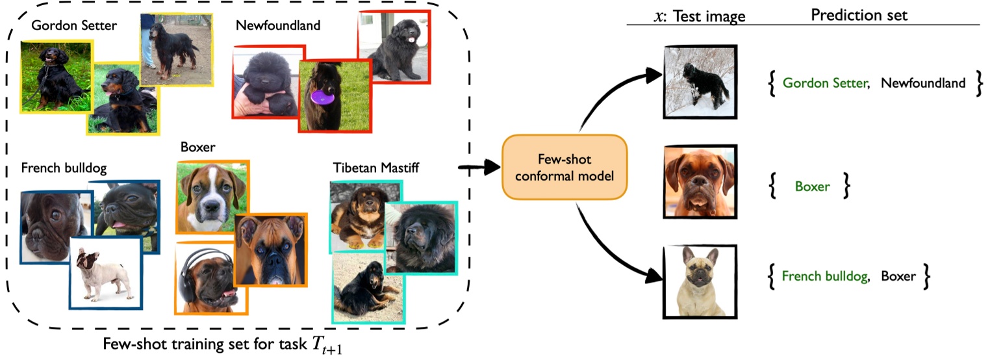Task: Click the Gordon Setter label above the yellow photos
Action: [75, 26]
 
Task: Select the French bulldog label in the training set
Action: [64, 169]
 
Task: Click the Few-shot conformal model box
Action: [564, 167]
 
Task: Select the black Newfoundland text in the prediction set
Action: [922, 83]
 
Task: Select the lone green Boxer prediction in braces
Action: [812, 187]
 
